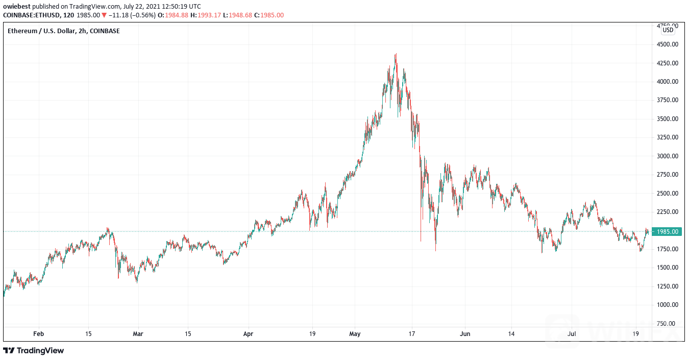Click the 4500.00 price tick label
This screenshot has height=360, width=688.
(x=668, y=44)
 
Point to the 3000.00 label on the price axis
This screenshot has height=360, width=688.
(x=668, y=156)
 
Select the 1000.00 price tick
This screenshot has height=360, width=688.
(x=668, y=305)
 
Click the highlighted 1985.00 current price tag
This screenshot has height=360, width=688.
(x=668, y=232)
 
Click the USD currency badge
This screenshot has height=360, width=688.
(x=668, y=30)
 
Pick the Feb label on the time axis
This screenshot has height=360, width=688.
(x=38, y=334)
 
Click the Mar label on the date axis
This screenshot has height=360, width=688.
(x=138, y=334)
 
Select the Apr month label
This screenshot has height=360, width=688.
(x=248, y=334)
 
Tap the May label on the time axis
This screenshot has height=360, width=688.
(x=355, y=334)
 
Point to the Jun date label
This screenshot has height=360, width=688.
(x=464, y=334)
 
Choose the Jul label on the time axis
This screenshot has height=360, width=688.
(x=572, y=334)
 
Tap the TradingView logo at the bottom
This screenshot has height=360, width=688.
(x=34, y=351)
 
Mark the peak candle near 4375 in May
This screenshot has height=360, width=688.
(x=396, y=55)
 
